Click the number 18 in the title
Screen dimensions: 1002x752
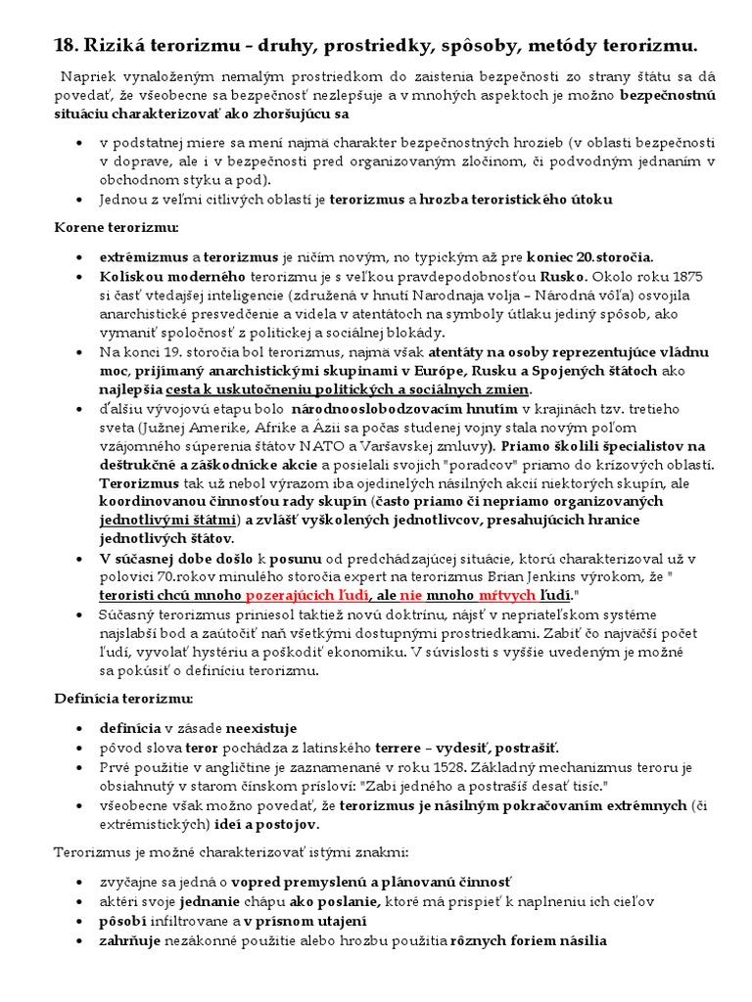65,45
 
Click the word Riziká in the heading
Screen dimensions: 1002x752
119,45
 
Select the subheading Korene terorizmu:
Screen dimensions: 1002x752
116,228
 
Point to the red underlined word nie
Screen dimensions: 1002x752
410,595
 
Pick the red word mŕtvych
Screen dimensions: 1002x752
507,595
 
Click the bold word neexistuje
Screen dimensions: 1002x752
261,729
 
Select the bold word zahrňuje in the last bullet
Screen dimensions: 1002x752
128,940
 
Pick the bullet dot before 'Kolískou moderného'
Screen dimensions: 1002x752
78,278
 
